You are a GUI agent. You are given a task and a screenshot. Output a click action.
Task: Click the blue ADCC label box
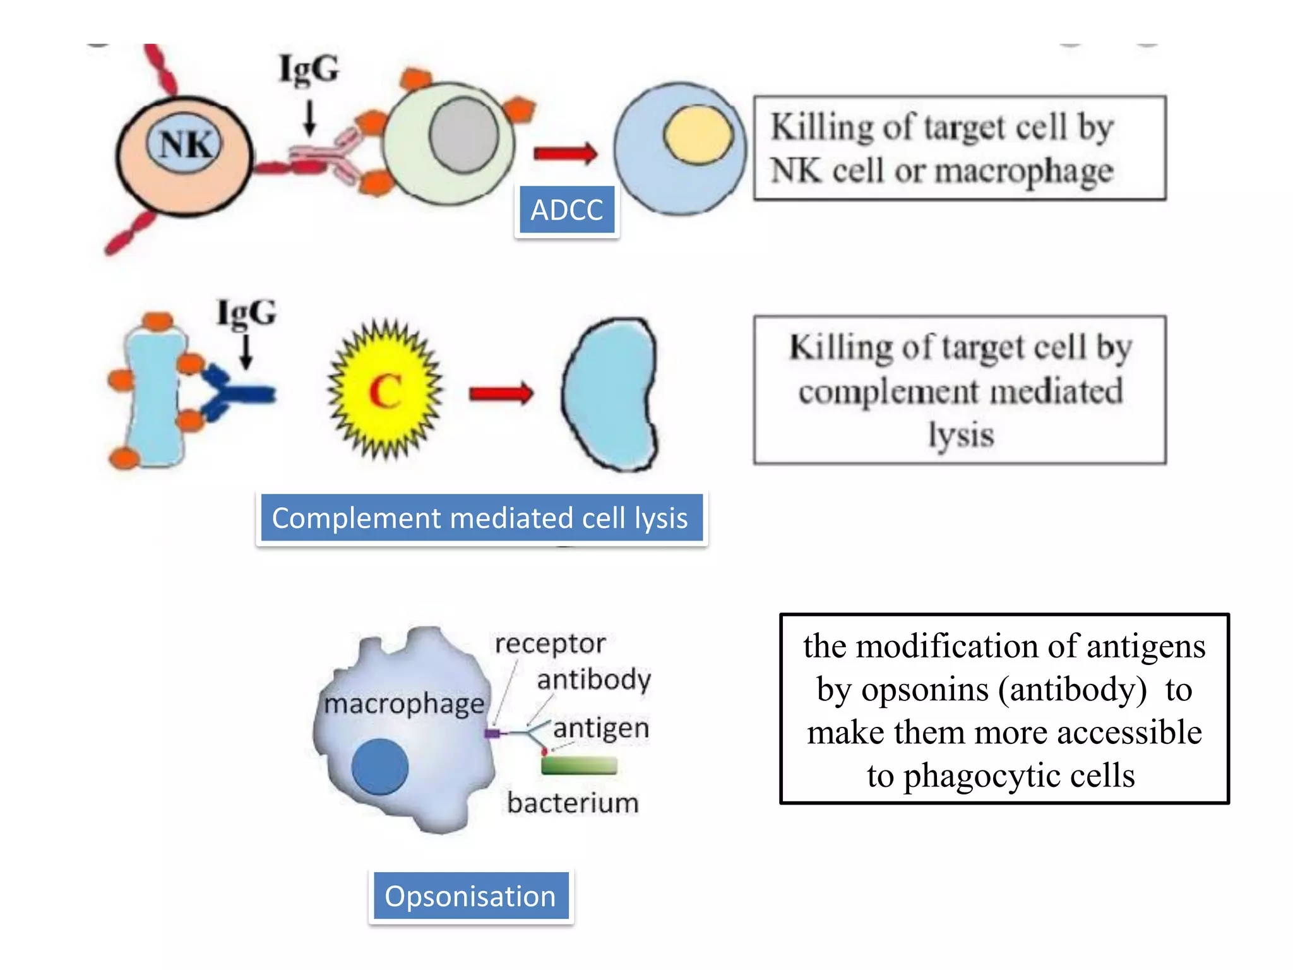point(566,210)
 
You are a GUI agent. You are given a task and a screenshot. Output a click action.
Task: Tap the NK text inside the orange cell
point(184,145)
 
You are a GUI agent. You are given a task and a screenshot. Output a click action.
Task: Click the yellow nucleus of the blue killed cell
point(698,135)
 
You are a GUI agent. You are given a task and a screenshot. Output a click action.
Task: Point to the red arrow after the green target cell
point(565,153)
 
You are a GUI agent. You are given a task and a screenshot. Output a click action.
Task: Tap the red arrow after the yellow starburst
point(501,393)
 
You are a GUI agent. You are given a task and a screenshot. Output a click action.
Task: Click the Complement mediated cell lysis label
point(481,518)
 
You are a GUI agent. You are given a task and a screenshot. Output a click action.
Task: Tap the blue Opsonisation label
point(471,896)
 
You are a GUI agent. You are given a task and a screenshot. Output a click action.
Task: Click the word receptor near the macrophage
point(550,644)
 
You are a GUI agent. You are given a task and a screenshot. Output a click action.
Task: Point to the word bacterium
point(573,803)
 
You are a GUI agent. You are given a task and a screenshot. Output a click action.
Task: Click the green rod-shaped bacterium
point(579,765)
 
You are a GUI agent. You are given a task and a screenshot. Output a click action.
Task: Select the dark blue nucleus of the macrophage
point(379,767)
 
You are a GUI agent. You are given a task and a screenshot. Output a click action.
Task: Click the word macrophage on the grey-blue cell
point(404,704)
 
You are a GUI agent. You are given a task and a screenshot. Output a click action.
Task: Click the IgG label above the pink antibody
point(309,69)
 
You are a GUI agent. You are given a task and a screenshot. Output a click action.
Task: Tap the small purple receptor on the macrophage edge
point(492,733)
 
